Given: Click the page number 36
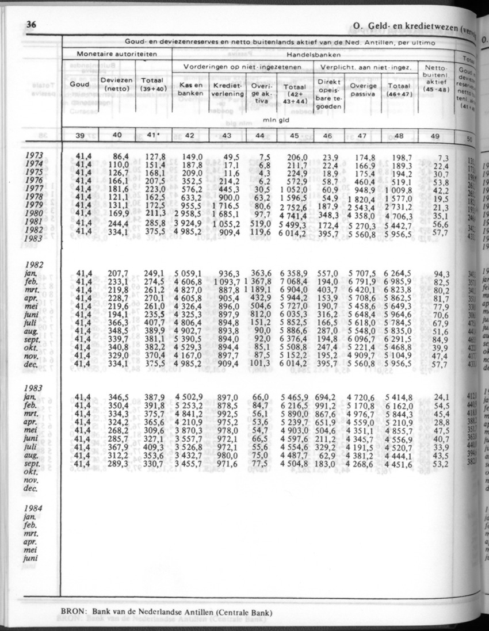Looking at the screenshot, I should (x=32, y=24).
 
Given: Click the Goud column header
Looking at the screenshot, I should (x=79, y=84).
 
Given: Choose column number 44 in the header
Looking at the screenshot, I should (x=262, y=136).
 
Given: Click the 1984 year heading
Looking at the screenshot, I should (x=36, y=508).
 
